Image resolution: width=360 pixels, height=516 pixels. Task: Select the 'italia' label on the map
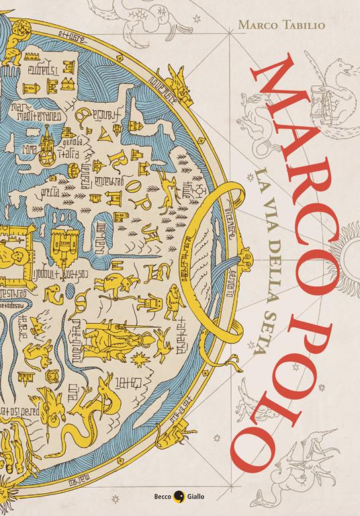71,153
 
